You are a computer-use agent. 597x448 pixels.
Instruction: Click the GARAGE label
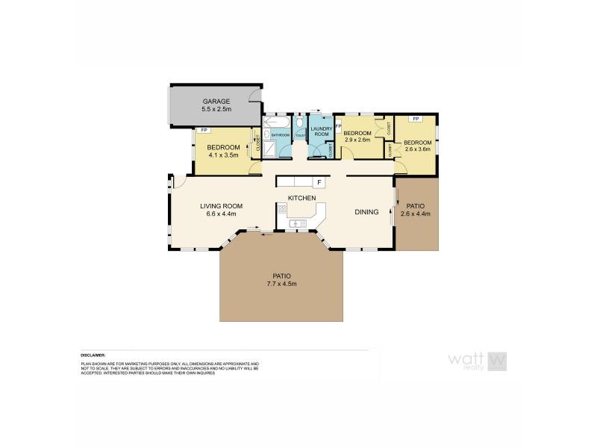[216, 102]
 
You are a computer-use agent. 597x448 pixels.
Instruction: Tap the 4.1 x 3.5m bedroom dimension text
[222, 155]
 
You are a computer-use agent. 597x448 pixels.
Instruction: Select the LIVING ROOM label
[222, 205]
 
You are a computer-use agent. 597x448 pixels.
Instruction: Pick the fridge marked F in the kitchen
[319, 182]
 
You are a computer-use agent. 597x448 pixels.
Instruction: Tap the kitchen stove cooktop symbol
[282, 211]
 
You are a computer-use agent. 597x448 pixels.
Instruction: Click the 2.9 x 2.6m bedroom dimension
[357, 140]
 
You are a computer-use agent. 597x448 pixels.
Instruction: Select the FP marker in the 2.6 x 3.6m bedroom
[415, 119]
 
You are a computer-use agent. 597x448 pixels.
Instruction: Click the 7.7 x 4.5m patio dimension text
[281, 284]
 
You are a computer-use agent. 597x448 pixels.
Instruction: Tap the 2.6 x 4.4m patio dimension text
[416, 214]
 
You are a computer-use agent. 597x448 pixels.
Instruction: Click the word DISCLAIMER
[93, 355]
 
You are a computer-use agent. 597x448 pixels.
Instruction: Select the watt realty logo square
[498, 360]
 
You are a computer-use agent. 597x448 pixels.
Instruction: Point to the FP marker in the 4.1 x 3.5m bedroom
[203, 131]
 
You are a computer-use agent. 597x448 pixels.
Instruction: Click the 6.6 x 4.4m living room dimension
[221, 214]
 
